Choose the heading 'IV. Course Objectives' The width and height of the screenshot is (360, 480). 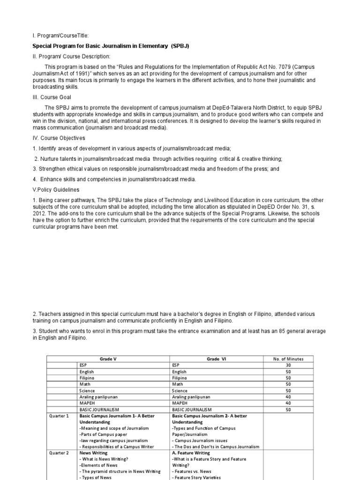point(59,138)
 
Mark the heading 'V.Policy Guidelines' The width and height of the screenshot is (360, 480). point(56,190)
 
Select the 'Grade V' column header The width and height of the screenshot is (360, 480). point(108,359)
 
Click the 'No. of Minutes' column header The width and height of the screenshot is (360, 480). point(288,359)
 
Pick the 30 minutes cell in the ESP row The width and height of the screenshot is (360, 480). point(288,365)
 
